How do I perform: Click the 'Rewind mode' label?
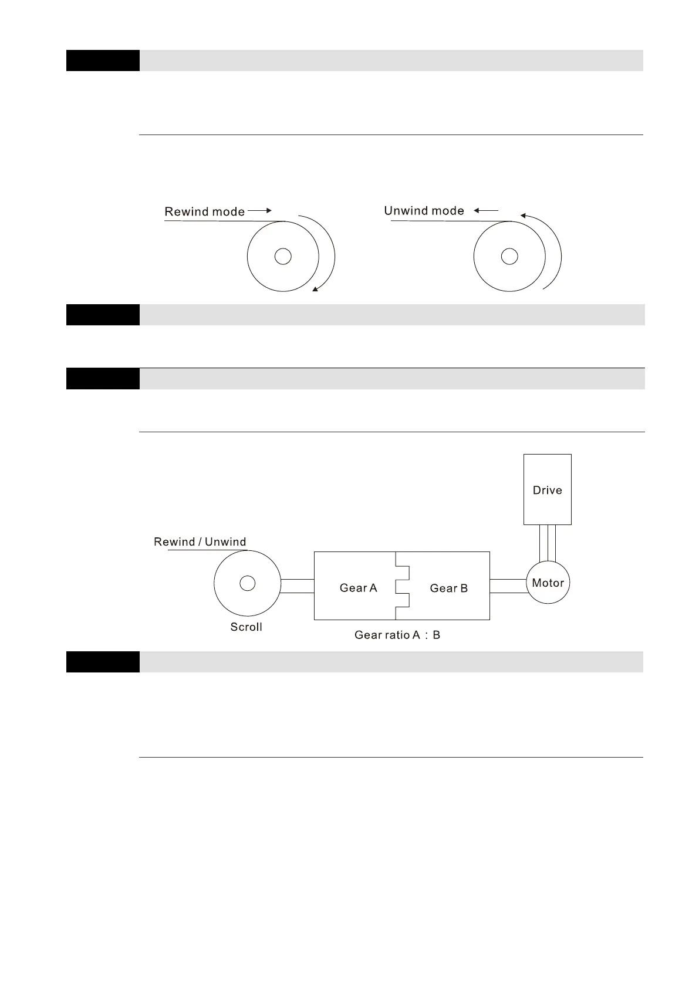click(204, 212)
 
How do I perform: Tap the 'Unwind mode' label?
click(424, 211)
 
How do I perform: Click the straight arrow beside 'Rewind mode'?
click(260, 210)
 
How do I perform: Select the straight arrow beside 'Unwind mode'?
click(486, 210)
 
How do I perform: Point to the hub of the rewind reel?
click(283, 257)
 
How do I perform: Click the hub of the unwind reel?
click(509, 257)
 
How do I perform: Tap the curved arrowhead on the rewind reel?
click(316, 288)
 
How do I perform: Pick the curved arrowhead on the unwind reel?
click(523, 216)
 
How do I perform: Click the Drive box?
click(547, 489)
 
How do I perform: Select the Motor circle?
click(548, 583)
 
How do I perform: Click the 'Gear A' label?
click(358, 588)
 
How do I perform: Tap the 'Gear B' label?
click(448, 588)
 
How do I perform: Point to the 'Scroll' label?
click(246, 627)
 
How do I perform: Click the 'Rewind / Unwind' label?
click(200, 542)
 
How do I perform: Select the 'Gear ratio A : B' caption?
click(397, 635)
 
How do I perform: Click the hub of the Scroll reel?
click(248, 583)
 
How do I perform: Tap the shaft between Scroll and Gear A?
click(298, 586)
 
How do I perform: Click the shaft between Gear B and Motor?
click(508, 586)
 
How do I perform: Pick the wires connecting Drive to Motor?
click(547, 543)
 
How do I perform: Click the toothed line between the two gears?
click(402, 586)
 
